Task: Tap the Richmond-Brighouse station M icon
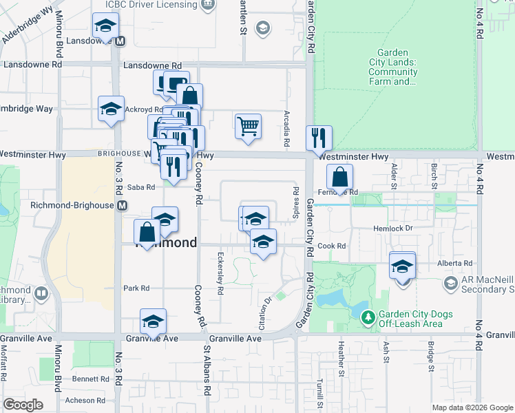coord(123,205)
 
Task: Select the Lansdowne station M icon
coord(120,41)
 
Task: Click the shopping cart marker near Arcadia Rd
coord(248,127)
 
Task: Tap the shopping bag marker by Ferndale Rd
coord(340,178)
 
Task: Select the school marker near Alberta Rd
coord(402,266)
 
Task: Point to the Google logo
coord(23,405)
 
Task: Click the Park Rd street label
coord(136,288)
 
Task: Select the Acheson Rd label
coord(84,400)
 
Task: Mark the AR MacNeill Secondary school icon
coord(451,283)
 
